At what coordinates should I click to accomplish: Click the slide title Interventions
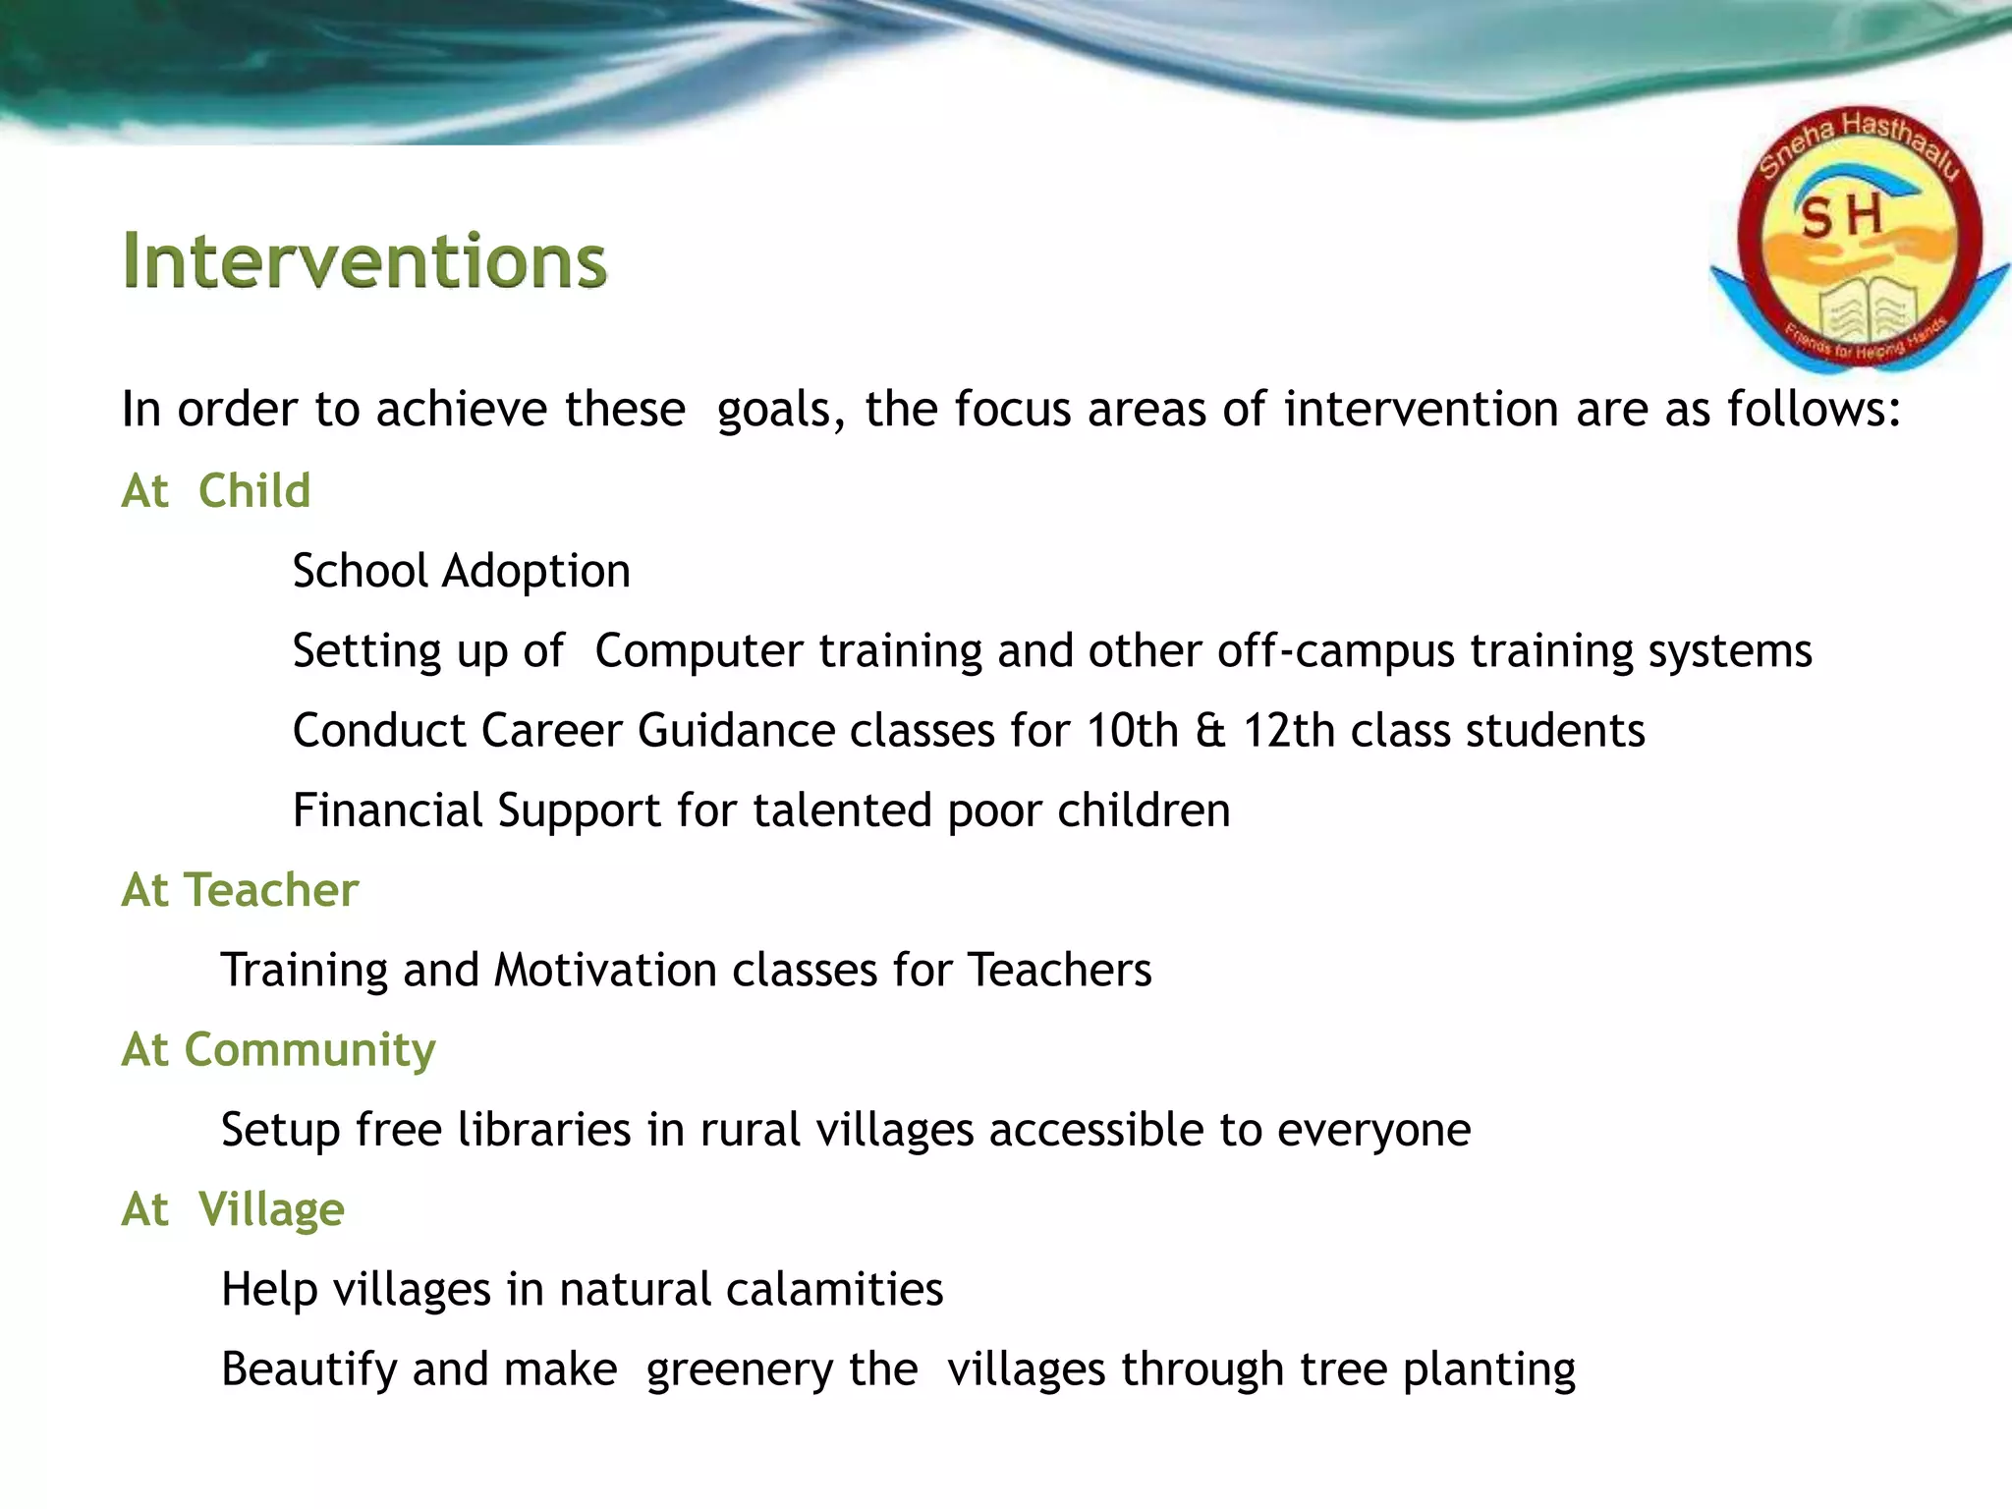tap(364, 261)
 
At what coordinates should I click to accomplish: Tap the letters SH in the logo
tap(1841, 216)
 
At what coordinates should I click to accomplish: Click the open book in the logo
tap(1861, 308)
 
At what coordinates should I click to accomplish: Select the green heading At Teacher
tap(240, 890)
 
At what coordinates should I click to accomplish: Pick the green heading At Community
tap(278, 1049)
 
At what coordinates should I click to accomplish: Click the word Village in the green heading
tap(271, 1209)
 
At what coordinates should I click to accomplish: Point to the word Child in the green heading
tap(254, 490)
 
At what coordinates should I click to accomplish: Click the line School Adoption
tap(461, 571)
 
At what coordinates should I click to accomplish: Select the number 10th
tap(1132, 731)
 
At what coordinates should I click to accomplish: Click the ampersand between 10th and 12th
tap(1210, 731)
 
